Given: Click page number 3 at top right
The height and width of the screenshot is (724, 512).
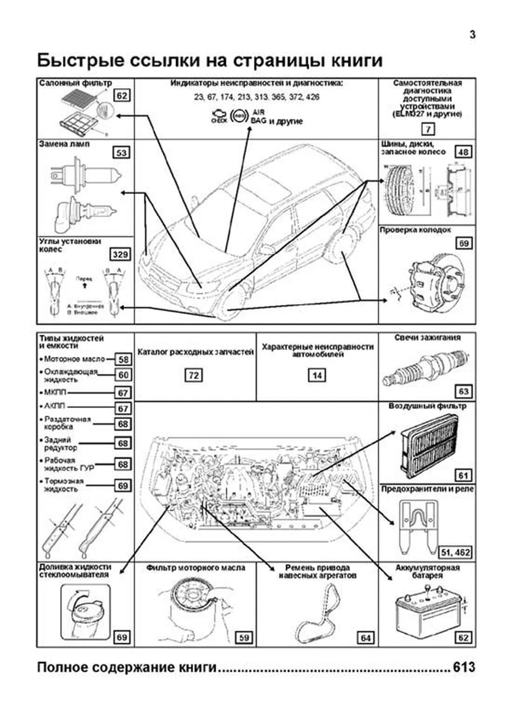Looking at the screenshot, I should pos(472,35).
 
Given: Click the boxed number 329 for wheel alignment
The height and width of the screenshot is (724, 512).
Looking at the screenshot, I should pos(120,255).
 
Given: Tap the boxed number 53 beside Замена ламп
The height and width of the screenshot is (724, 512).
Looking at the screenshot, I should pos(122,153).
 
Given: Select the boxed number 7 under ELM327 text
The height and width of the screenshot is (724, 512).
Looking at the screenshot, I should pos(428,129).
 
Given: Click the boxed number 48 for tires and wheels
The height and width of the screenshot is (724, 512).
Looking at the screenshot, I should pos(463,152).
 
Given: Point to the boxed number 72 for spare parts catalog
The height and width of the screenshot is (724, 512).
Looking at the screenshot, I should pos(194,375).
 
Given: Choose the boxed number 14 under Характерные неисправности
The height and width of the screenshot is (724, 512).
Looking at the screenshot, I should pos(317,375).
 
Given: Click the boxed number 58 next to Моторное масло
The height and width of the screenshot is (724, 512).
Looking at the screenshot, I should pos(123,359).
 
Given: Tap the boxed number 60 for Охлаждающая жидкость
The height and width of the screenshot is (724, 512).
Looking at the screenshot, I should pos(123,375).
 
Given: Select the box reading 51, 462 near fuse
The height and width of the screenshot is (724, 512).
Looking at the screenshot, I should pos(456,552).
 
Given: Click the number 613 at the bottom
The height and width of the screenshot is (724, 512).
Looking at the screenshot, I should pos(464,667).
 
